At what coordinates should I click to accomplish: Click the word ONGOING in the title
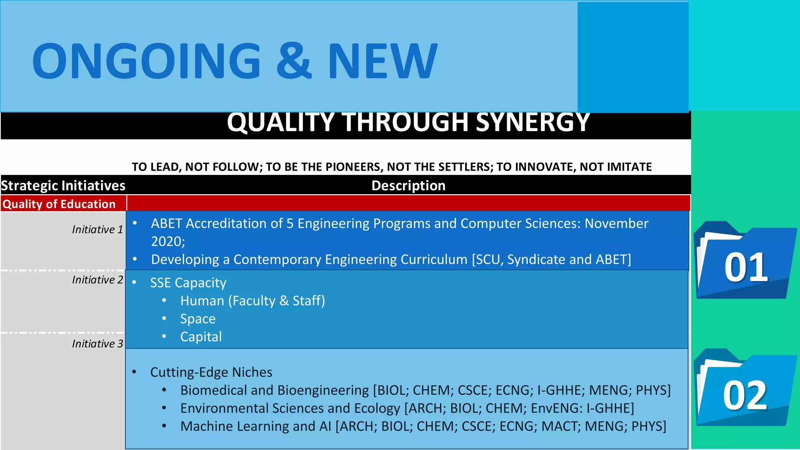(x=146, y=61)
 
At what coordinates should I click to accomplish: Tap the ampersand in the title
(x=294, y=61)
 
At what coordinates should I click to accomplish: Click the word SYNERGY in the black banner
(x=533, y=122)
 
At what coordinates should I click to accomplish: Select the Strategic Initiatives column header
(x=63, y=186)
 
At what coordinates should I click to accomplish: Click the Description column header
(x=408, y=186)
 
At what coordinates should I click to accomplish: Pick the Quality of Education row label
(x=59, y=204)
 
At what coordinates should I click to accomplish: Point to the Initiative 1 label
(x=97, y=230)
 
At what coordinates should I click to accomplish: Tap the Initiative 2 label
(x=97, y=280)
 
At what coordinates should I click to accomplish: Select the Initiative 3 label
(x=97, y=344)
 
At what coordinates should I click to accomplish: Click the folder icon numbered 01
(x=745, y=262)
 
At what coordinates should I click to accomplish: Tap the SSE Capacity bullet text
(x=188, y=283)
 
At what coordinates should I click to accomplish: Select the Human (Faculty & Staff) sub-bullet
(x=252, y=301)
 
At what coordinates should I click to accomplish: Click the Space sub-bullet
(x=198, y=319)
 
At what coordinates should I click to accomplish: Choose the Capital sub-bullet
(x=201, y=337)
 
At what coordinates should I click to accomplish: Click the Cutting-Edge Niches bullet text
(x=211, y=372)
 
